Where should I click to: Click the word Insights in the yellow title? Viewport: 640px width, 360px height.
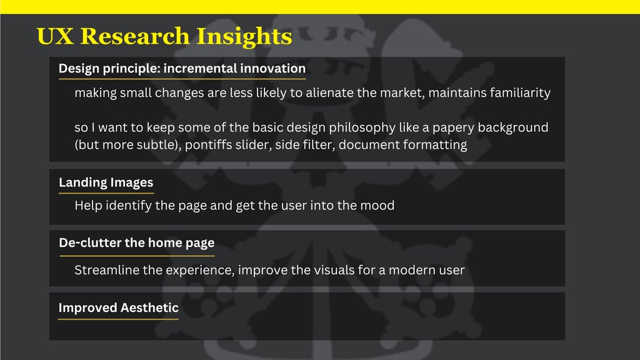coord(244,37)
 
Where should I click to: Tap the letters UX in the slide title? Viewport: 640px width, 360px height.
coord(55,36)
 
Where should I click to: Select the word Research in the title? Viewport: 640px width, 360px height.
coord(135,36)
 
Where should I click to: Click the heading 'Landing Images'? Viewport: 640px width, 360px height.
coord(106,182)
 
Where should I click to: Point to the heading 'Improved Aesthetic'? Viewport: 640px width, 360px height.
coord(118,307)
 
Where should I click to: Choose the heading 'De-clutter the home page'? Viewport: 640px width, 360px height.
coord(137,243)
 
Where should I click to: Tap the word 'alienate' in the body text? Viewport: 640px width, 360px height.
coord(330,92)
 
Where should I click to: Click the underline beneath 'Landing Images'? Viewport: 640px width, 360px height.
coord(106,192)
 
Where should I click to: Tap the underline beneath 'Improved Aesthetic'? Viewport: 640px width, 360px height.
coord(118,319)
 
